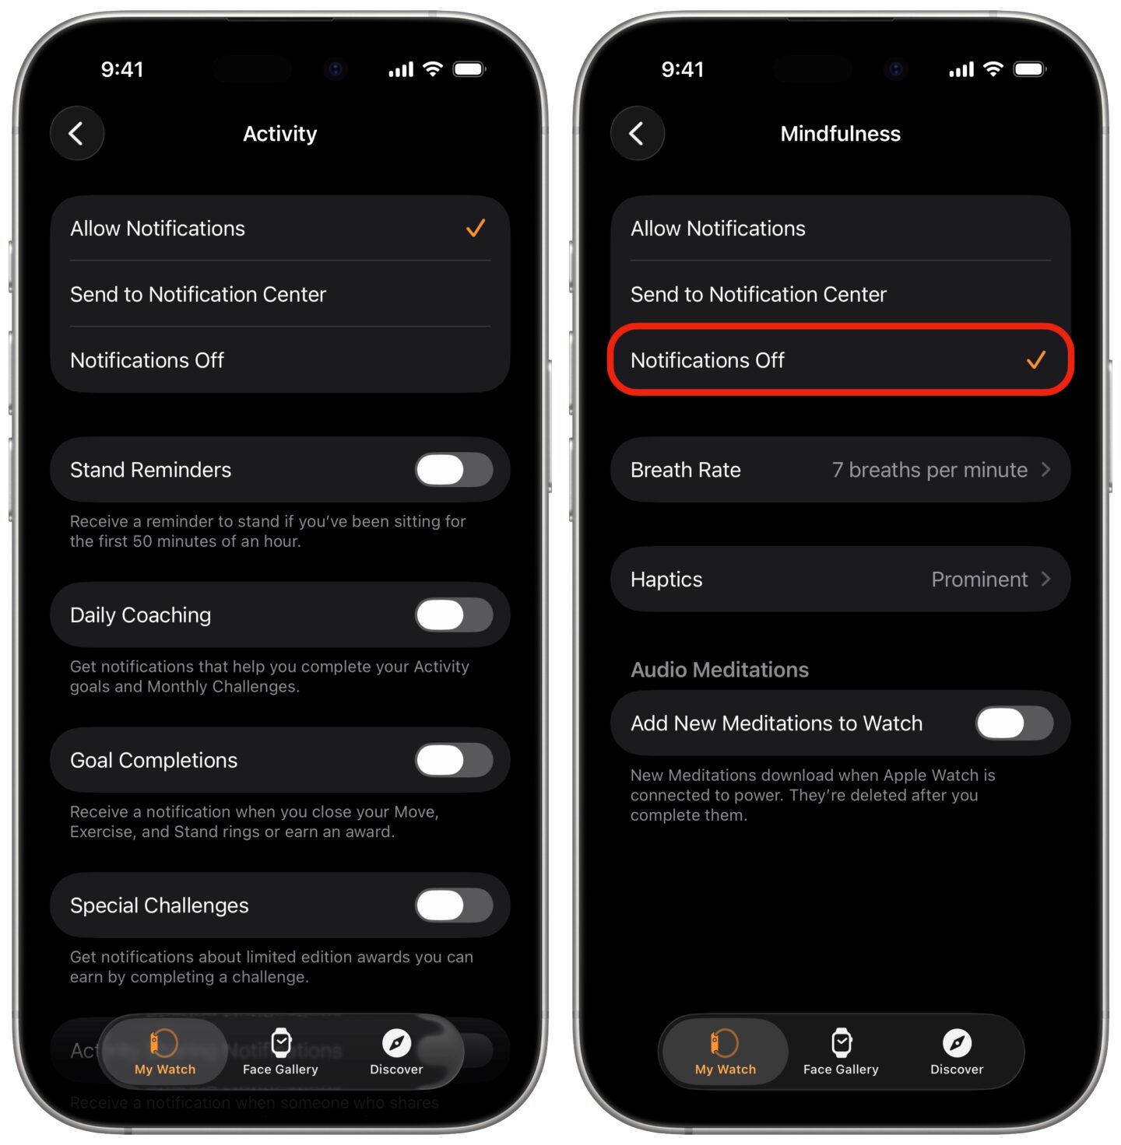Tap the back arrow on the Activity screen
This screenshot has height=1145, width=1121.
point(76,134)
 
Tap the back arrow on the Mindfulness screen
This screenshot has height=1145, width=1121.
point(637,134)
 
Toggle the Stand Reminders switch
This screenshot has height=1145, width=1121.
point(454,470)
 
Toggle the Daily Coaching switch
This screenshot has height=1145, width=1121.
point(454,615)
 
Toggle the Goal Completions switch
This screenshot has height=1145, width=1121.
point(454,760)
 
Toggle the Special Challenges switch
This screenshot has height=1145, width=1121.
point(454,905)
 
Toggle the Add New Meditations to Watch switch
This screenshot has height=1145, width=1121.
point(1014,723)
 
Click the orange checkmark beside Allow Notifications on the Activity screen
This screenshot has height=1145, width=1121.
point(476,228)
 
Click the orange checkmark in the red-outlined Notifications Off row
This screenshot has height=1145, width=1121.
point(1035,360)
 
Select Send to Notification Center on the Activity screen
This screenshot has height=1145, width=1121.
point(198,295)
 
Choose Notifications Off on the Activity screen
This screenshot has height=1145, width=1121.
point(147,361)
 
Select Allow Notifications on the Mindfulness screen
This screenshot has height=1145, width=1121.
point(718,229)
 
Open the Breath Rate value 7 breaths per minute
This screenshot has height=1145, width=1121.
point(929,470)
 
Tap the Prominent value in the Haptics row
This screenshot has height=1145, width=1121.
point(979,580)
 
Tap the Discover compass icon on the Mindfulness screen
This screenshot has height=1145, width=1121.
point(957,1042)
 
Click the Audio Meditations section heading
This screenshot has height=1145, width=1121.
point(719,670)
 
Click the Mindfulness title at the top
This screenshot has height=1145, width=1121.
point(840,134)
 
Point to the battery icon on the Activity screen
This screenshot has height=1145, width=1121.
point(469,69)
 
